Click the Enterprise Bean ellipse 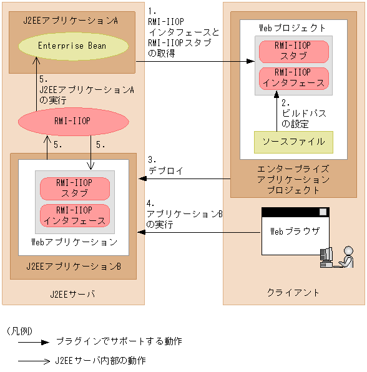point(72,46)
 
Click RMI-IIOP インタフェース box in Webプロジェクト point(293,78)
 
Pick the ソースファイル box point(293,142)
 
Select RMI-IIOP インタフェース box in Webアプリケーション point(74,215)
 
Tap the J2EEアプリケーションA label point(68,20)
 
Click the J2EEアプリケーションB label point(74,267)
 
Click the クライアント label point(293,292)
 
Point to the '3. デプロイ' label point(164,165)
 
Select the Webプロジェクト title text point(292,28)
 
